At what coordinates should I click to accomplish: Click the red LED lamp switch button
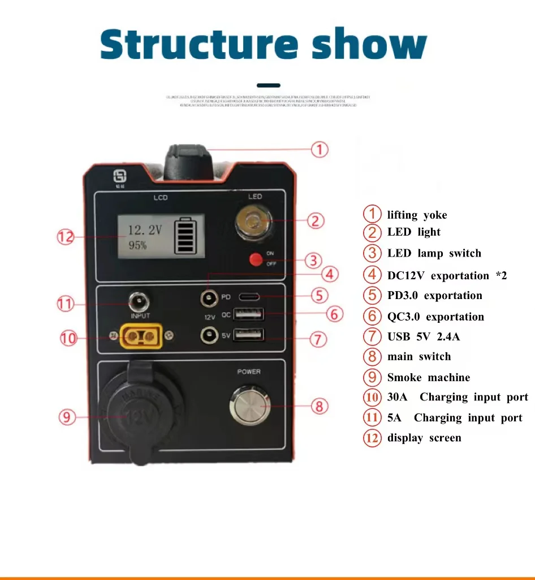coord(257,260)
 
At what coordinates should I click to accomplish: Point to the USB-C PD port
coord(250,296)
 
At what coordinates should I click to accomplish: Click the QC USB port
coord(249,314)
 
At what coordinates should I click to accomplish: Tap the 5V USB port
coord(249,335)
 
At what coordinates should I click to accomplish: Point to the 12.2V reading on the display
coord(144,230)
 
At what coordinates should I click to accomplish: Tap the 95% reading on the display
coord(137,245)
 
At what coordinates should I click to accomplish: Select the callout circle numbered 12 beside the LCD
coord(66,237)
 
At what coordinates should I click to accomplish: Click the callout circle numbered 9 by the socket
coord(67,417)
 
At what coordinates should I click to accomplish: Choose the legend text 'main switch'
coord(419,357)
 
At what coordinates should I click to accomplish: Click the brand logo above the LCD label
coord(120,177)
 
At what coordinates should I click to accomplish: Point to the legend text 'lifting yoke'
coord(417,215)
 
